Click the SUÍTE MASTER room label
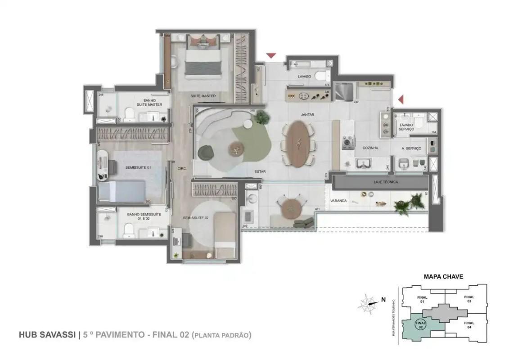pos(203,96)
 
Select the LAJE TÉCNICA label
pos(385,182)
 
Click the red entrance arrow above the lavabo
pos(270,56)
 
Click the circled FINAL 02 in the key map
pos(420,324)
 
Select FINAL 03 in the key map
pos(468,299)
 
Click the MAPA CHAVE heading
pos(443,277)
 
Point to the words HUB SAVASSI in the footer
pos(47,335)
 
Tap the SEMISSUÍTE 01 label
pos(126,167)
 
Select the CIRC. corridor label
pos(182,169)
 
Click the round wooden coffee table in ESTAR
pos(236,148)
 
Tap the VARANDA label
pos(338,201)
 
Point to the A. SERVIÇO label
pos(411,148)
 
